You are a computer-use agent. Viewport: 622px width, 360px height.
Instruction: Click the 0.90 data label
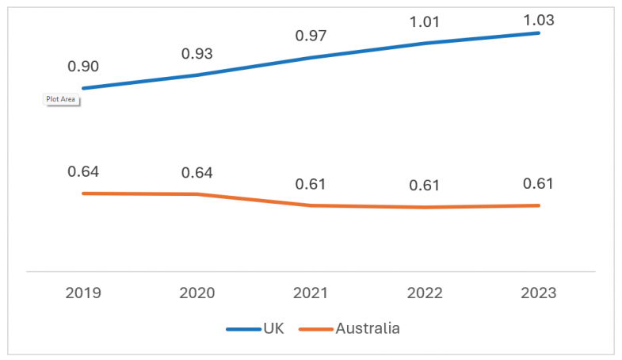pos(83,67)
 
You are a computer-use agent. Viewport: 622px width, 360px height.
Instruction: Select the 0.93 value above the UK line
pos(197,54)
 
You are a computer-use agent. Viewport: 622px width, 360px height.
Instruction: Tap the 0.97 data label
pos(311,36)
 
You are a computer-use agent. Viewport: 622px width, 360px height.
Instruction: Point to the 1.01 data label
pos(425,21)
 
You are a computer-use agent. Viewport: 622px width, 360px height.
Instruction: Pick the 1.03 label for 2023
pos(539,20)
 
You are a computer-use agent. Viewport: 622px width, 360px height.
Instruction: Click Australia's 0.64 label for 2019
pos(83,171)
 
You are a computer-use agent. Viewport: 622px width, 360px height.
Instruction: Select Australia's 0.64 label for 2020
pos(197,172)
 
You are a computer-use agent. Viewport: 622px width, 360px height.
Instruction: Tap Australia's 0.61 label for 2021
pos(311,184)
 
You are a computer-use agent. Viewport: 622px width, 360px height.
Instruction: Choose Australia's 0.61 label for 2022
pos(425,185)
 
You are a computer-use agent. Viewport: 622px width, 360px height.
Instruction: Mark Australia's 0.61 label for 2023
pos(539,184)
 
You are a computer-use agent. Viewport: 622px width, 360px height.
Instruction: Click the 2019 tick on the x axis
pos(83,293)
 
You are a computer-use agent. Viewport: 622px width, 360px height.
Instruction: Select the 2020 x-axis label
pos(197,293)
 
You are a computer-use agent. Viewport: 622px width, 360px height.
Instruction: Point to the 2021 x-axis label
pos(311,293)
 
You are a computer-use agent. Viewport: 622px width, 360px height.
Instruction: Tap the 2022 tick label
pos(425,293)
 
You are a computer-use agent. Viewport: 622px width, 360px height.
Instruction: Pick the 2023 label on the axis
pos(539,293)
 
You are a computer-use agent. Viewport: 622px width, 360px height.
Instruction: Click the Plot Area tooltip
pos(60,99)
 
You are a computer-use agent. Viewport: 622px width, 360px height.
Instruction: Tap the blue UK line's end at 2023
pos(539,33)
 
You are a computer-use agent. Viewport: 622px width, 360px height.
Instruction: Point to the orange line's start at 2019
pos(84,193)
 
